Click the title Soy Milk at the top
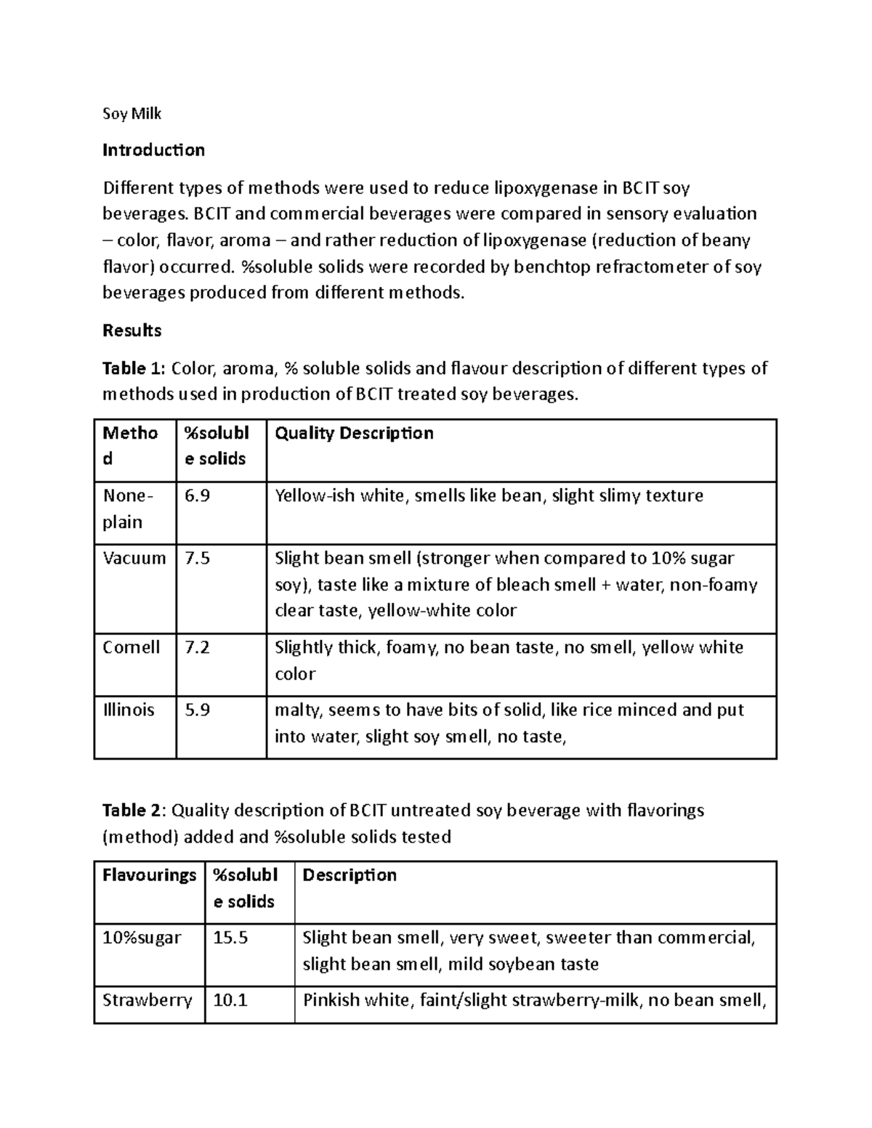click(x=132, y=113)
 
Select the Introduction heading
click(x=153, y=150)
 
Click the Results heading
click(x=132, y=330)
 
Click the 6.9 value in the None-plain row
click(x=197, y=496)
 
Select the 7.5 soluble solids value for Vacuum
click(x=197, y=559)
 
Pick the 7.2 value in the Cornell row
click(x=197, y=647)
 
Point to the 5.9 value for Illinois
click(x=197, y=710)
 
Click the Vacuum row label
click(x=134, y=559)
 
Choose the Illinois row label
click(x=129, y=710)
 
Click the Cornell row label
click(x=132, y=647)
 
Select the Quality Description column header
click(x=354, y=434)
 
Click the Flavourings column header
click(x=149, y=875)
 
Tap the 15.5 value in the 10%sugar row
click(x=230, y=938)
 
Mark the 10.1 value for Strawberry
click(x=230, y=1000)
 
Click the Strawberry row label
click(x=147, y=1000)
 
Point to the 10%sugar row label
click(x=142, y=938)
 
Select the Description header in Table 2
click(x=350, y=875)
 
